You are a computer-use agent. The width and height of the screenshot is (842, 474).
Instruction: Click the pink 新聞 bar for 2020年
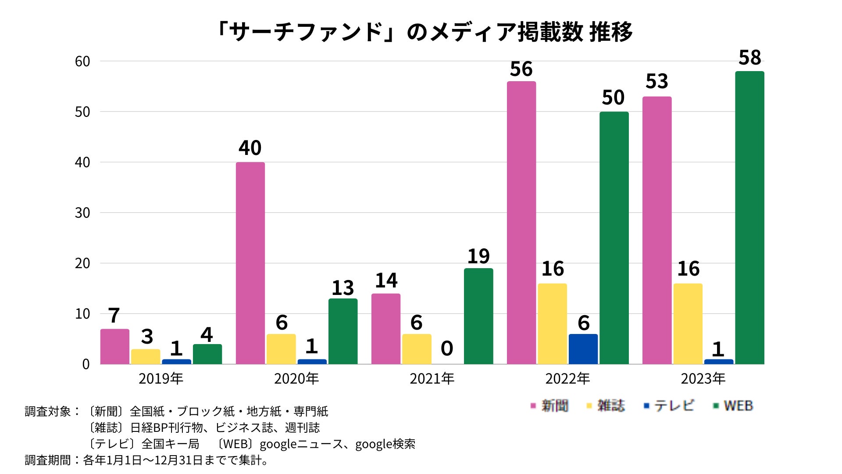(250, 263)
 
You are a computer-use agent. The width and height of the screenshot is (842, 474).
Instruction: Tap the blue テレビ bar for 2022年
(583, 349)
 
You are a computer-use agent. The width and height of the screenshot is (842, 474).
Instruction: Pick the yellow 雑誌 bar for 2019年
(146, 356)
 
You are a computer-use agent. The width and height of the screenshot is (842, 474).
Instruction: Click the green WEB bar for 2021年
(478, 316)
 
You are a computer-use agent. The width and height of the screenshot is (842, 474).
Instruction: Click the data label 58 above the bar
(749, 58)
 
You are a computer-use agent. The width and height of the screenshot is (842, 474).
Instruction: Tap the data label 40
(250, 148)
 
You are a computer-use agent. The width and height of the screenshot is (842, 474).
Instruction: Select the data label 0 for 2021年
(447, 348)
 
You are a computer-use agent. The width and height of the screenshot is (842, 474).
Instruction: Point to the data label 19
(478, 256)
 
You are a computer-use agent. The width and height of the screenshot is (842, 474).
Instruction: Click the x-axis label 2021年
(432, 378)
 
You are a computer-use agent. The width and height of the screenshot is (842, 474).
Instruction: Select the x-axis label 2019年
(161, 378)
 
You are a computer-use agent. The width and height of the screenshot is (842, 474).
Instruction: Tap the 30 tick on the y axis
(82, 213)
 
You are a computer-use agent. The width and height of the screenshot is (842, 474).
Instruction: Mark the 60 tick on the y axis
(82, 61)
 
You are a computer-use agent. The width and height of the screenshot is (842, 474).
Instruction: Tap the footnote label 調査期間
(48, 460)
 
